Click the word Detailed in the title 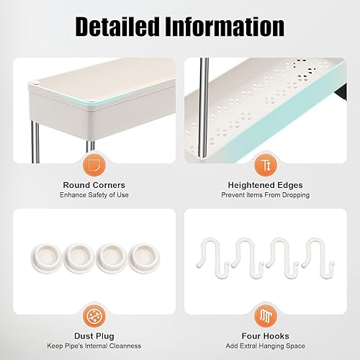pos(117,27)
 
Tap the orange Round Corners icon pos(94,166)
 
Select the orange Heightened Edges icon pos(266,166)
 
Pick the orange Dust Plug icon pos(94,316)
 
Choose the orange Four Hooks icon pos(266,316)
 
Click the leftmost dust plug pos(47,257)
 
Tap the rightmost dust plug pos(144,258)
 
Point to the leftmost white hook pos(212,257)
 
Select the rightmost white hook pos(318,258)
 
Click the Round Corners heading pos(94,185)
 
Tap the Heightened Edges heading pos(265,185)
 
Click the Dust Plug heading pos(94,336)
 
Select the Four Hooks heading pos(265,336)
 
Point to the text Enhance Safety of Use pos(94,195)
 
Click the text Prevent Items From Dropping pos(265,195)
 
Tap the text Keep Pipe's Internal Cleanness pos(94,346)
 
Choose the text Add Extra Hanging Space pos(265,346)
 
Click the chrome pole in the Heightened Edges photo pos(204,107)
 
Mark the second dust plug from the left pos(79,258)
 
